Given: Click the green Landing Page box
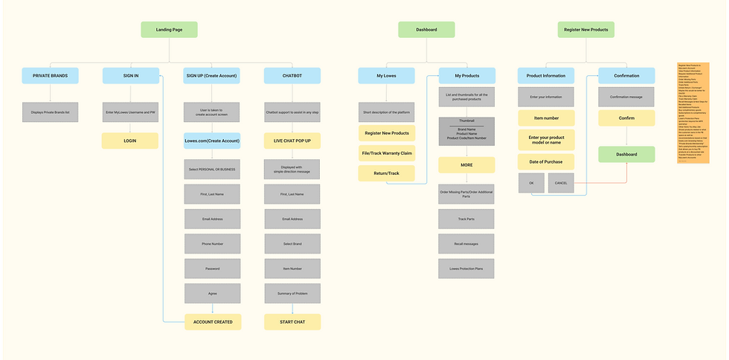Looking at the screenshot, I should coord(169,30).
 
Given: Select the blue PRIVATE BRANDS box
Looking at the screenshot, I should coord(50,75).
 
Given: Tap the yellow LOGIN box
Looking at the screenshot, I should coord(129,141).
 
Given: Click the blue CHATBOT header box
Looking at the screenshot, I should coord(292,75).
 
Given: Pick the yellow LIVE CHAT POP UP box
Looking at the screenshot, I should coord(292,141).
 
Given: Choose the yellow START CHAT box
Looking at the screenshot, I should coord(292,322).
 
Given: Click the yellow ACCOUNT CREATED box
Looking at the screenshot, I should coord(212,322).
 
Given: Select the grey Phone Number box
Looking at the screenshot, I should coord(212,243).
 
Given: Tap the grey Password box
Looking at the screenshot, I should coord(212,269).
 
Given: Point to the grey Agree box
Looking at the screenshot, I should coord(212,294).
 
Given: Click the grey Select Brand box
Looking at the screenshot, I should coord(292,243).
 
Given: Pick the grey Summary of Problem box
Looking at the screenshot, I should coord(292,294).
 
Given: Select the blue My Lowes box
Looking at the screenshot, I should coord(386,75).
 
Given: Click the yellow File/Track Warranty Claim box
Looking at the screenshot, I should coord(386,153).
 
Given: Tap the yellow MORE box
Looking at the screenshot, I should coord(466,165).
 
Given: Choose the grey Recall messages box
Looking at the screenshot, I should coord(466,243).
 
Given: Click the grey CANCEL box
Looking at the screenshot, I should coord(560,183).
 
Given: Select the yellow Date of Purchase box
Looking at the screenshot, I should coord(546,161).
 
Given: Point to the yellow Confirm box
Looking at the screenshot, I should coord(626,118).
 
